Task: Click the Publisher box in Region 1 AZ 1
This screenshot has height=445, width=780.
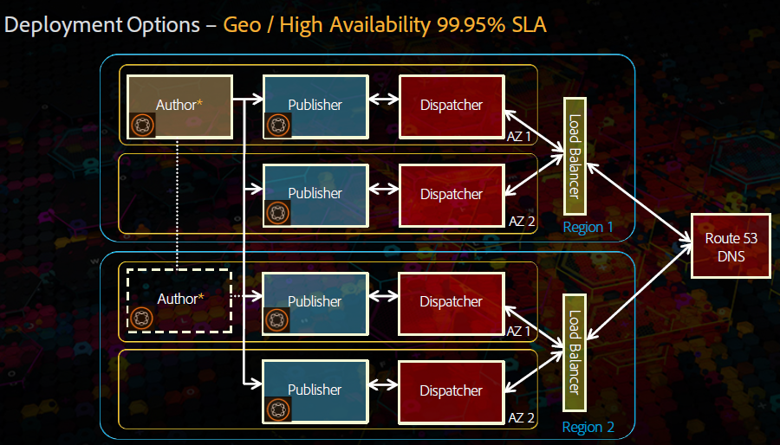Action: [x=315, y=106]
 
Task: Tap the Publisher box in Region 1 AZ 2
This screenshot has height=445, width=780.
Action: [x=315, y=194]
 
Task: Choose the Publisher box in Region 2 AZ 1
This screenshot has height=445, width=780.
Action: [x=315, y=301]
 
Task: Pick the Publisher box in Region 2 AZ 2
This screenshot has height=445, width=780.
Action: [x=315, y=390]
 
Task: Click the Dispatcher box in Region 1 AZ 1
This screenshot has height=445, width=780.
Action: [x=451, y=106]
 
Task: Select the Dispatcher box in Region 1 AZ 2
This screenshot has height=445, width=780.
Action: [x=451, y=194]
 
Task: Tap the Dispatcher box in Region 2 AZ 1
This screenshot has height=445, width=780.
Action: [x=451, y=301]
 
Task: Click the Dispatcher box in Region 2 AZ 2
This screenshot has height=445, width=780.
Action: [x=451, y=390]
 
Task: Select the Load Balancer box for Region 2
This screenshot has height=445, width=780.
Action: [x=575, y=352]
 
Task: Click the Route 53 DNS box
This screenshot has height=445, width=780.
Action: [x=730, y=247]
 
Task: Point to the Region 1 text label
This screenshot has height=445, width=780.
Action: [x=588, y=228]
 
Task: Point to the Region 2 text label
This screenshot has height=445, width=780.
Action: [x=588, y=428]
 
